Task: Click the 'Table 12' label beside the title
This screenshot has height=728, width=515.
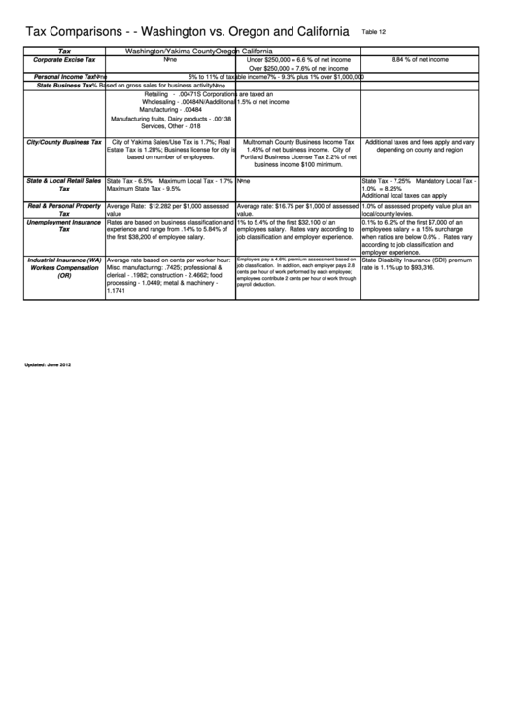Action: click(373, 32)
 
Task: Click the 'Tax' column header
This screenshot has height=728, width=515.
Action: click(65, 51)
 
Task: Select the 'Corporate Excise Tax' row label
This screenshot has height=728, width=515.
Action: click(65, 60)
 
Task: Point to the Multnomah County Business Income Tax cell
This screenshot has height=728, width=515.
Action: click(297, 154)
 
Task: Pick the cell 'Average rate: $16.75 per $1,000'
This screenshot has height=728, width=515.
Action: click(297, 210)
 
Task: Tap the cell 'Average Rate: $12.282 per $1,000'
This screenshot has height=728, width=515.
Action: click(170, 210)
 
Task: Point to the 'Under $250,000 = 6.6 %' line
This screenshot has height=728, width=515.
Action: click(298, 60)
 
